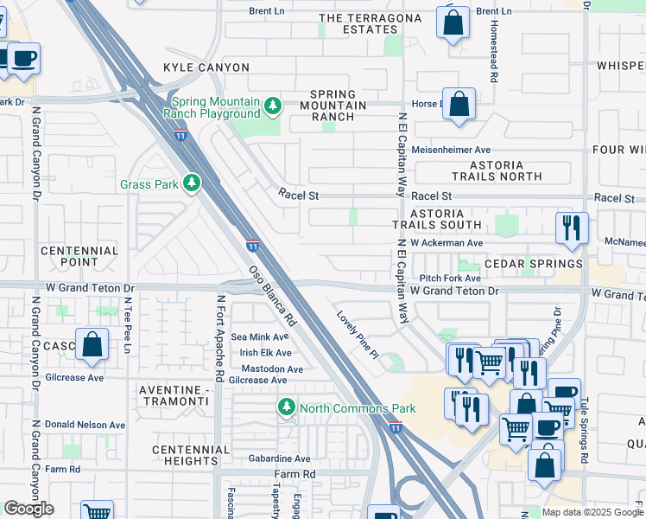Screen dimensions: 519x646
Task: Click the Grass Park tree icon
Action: (x=191, y=183)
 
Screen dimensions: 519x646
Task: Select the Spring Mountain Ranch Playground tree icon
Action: (x=273, y=106)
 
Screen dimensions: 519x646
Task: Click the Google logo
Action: (x=29, y=509)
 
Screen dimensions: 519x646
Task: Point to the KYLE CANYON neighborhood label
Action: (x=206, y=67)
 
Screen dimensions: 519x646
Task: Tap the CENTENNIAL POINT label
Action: (x=79, y=255)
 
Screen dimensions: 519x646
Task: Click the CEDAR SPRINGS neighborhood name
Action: (x=533, y=264)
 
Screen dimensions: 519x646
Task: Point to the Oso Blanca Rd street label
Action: (x=273, y=295)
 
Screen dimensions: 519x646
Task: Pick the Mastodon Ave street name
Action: (x=271, y=368)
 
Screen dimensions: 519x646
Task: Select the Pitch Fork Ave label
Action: (x=450, y=279)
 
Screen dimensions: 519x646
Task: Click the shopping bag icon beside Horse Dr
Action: (x=459, y=104)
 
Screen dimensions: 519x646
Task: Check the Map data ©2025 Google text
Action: (x=592, y=511)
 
